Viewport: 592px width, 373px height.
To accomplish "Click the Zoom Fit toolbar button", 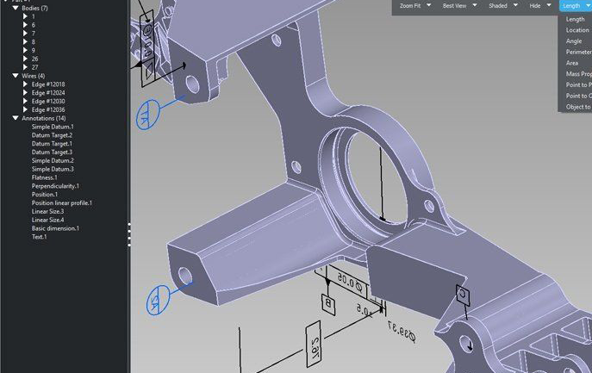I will (x=411, y=6).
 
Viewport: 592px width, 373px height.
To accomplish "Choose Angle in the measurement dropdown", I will (x=574, y=41).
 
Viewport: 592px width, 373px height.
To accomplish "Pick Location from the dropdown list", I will (x=577, y=30).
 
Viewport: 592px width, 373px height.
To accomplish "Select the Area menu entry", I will (x=572, y=63).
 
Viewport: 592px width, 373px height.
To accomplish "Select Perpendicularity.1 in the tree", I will (x=55, y=186).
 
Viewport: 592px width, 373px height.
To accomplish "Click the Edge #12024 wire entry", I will (x=48, y=93).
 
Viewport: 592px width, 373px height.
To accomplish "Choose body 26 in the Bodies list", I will (x=35, y=59).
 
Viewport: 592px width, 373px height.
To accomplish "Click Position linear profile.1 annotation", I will (x=62, y=203).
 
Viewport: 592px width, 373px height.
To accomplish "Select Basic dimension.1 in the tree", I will (x=55, y=228).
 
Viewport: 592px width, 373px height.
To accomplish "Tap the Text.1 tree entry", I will (x=40, y=237).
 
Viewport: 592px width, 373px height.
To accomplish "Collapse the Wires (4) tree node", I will (x=16, y=76).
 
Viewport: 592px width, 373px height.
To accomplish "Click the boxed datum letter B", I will (x=327, y=302).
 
